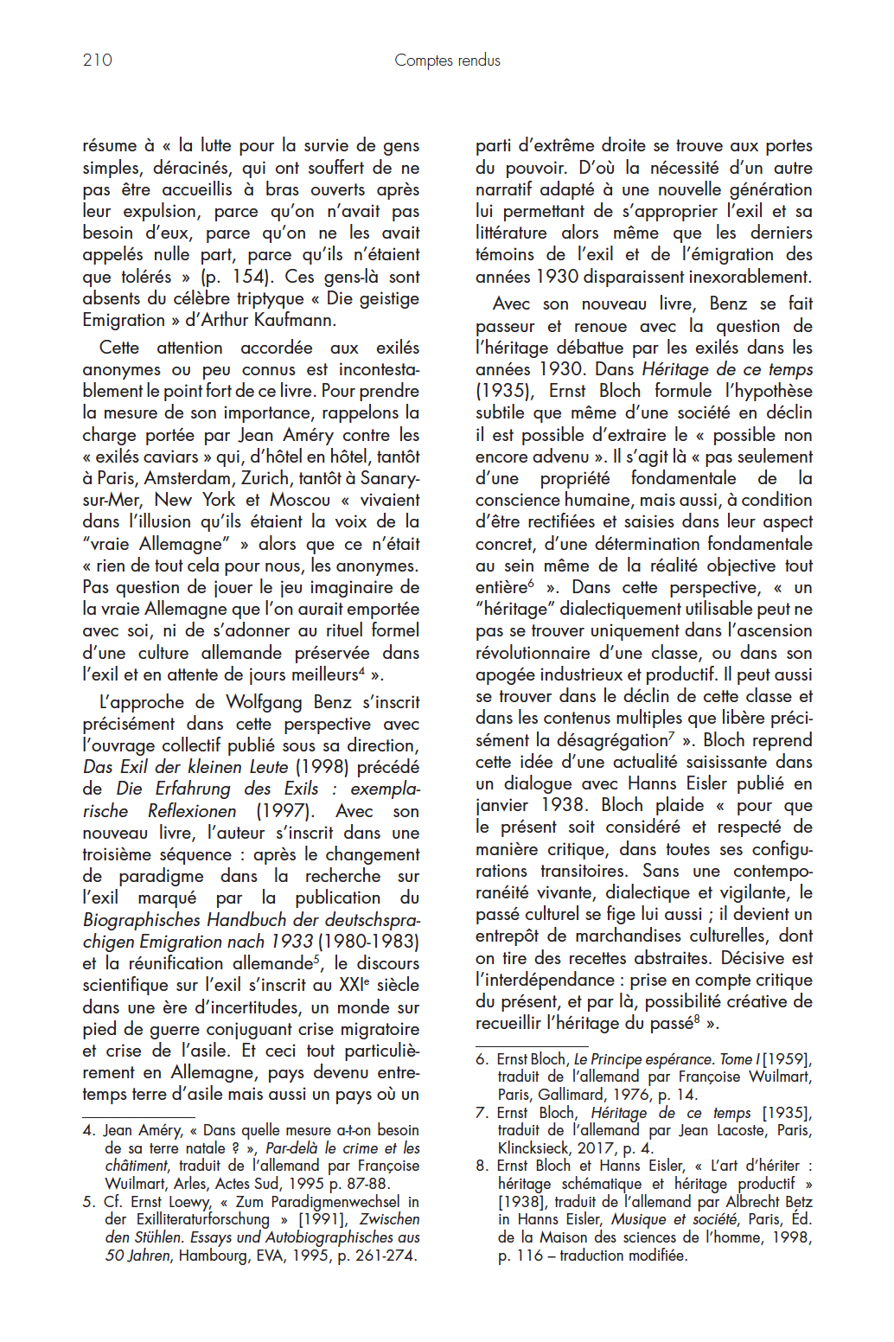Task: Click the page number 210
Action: (98, 60)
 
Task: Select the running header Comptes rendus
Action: (447, 60)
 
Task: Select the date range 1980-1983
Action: (368, 941)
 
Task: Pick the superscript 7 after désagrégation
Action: (672, 736)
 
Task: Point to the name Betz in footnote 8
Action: (797, 1202)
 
